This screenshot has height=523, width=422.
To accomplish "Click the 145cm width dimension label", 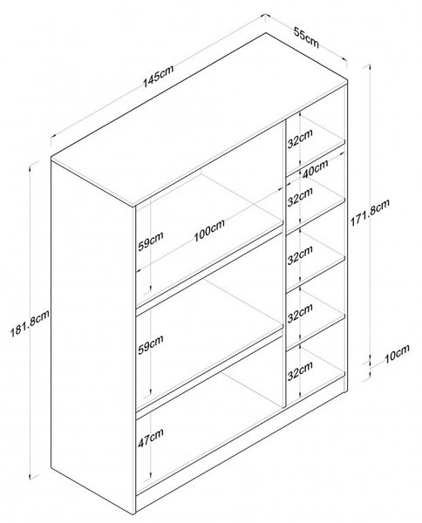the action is (159, 77).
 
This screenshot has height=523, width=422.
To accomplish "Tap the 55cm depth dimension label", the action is (306, 37).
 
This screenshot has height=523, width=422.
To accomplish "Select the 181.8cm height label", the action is (30, 323).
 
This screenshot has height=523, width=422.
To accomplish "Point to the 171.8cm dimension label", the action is (370, 214).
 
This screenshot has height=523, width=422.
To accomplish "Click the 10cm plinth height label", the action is (397, 354).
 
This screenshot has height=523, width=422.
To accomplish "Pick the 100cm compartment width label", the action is (209, 230).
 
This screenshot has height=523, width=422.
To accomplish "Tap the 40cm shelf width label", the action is (315, 169).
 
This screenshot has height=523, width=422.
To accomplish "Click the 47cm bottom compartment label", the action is (151, 438).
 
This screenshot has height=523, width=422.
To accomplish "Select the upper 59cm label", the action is (151, 241).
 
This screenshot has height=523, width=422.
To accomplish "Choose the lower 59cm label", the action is (151, 344).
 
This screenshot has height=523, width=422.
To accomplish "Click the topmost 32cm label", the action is (300, 139).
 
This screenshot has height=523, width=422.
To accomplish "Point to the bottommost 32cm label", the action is (300, 370).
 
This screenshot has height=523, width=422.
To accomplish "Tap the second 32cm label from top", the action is (300, 196).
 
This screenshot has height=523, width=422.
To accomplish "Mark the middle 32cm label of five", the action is (300, 255).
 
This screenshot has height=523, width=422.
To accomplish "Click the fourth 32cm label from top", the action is (300, 313).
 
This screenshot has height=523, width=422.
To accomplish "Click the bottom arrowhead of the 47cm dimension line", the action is (150, 477).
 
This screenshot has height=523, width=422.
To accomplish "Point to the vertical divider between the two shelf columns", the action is (284, 263).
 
